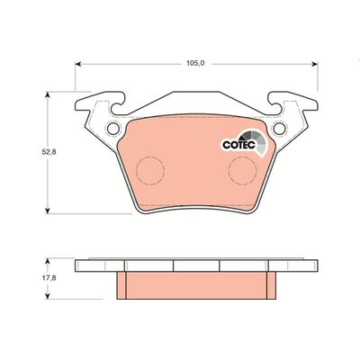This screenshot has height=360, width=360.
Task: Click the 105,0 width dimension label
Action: (195, 64)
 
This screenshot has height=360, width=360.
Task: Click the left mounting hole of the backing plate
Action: (113, 129)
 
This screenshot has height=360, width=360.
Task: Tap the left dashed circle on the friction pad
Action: (149, 168)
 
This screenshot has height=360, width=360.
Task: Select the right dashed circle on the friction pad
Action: (240, 168)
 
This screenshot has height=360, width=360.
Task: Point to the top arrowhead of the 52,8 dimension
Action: (47, 91)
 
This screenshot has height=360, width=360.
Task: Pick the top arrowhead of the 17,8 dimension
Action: (47, 261)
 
